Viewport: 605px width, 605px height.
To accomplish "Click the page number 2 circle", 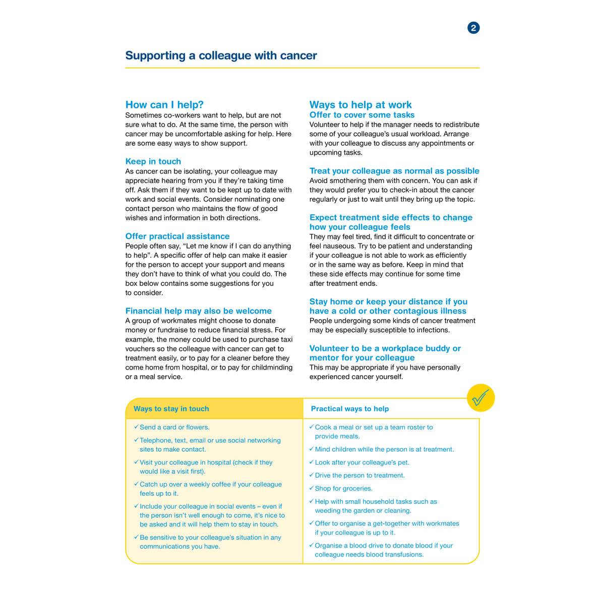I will [x=473, y=28].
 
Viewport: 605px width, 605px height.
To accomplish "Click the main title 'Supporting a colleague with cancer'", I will [x=221, y=55].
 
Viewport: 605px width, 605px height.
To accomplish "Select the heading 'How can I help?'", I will [x=164, y=105].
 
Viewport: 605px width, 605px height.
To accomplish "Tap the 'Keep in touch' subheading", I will [x=153, y=161].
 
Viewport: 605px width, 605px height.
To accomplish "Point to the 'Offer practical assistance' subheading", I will [x=177, y=236].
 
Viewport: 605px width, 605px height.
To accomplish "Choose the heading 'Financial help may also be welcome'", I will [x=198, y=311].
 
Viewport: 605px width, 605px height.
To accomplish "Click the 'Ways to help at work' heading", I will [x=360, y=105].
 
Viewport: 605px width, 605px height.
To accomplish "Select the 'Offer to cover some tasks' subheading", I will [x=361, y=115].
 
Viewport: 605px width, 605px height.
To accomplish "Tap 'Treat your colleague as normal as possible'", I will [x=394, y=171].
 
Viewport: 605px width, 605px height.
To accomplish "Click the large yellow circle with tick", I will [x=480, y=398].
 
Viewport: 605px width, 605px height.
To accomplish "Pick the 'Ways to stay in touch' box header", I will [x=171, y=409].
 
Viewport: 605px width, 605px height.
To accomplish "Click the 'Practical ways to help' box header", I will [x=349, y=409].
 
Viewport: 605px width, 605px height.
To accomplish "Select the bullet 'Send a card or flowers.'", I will [x=174, y=427].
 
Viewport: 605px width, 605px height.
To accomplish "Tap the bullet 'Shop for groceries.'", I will [x=343, y=489].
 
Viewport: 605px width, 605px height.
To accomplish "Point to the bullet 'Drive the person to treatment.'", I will [x=359, y=475].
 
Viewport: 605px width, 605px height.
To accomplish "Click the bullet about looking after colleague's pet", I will [x=361, y=462].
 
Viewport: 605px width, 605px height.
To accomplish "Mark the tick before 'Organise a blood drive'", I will [x=311, y=545].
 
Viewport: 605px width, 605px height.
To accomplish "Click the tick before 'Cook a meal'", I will [x=311, y=427].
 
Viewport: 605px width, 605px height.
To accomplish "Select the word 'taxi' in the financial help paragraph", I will [x=286, y=339].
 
